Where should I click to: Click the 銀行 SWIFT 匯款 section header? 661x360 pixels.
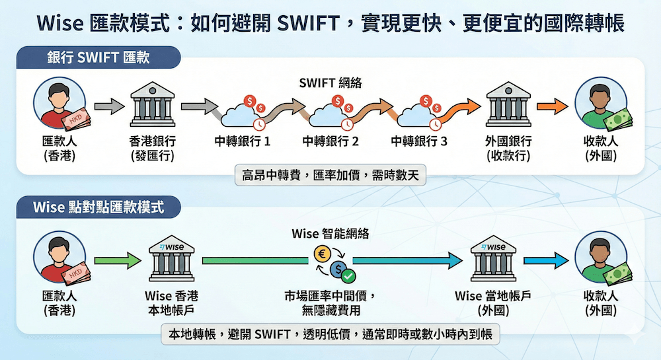click(98, 57)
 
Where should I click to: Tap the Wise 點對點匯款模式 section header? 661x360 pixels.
click(98, 207)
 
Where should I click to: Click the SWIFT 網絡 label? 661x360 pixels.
click(330, 83)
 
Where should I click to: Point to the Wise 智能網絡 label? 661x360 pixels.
click(330, 233)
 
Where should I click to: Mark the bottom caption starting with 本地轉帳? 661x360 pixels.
click(330, 333)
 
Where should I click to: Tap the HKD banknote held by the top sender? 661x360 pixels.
click(75, 122)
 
